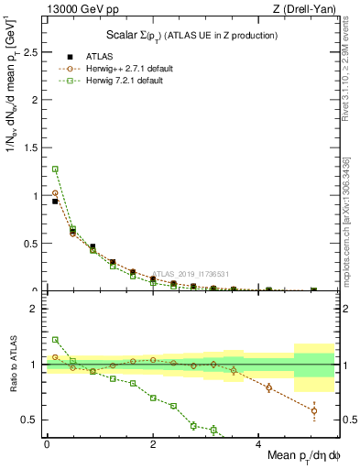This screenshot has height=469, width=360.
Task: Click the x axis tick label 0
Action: (47, 443)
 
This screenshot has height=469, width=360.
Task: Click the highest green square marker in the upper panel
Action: (55, 169)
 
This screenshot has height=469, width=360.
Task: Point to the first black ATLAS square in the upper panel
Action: (55, 202)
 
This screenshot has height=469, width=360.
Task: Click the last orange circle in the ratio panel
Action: (313, 410)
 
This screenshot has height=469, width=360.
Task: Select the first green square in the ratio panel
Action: (55, 340)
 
